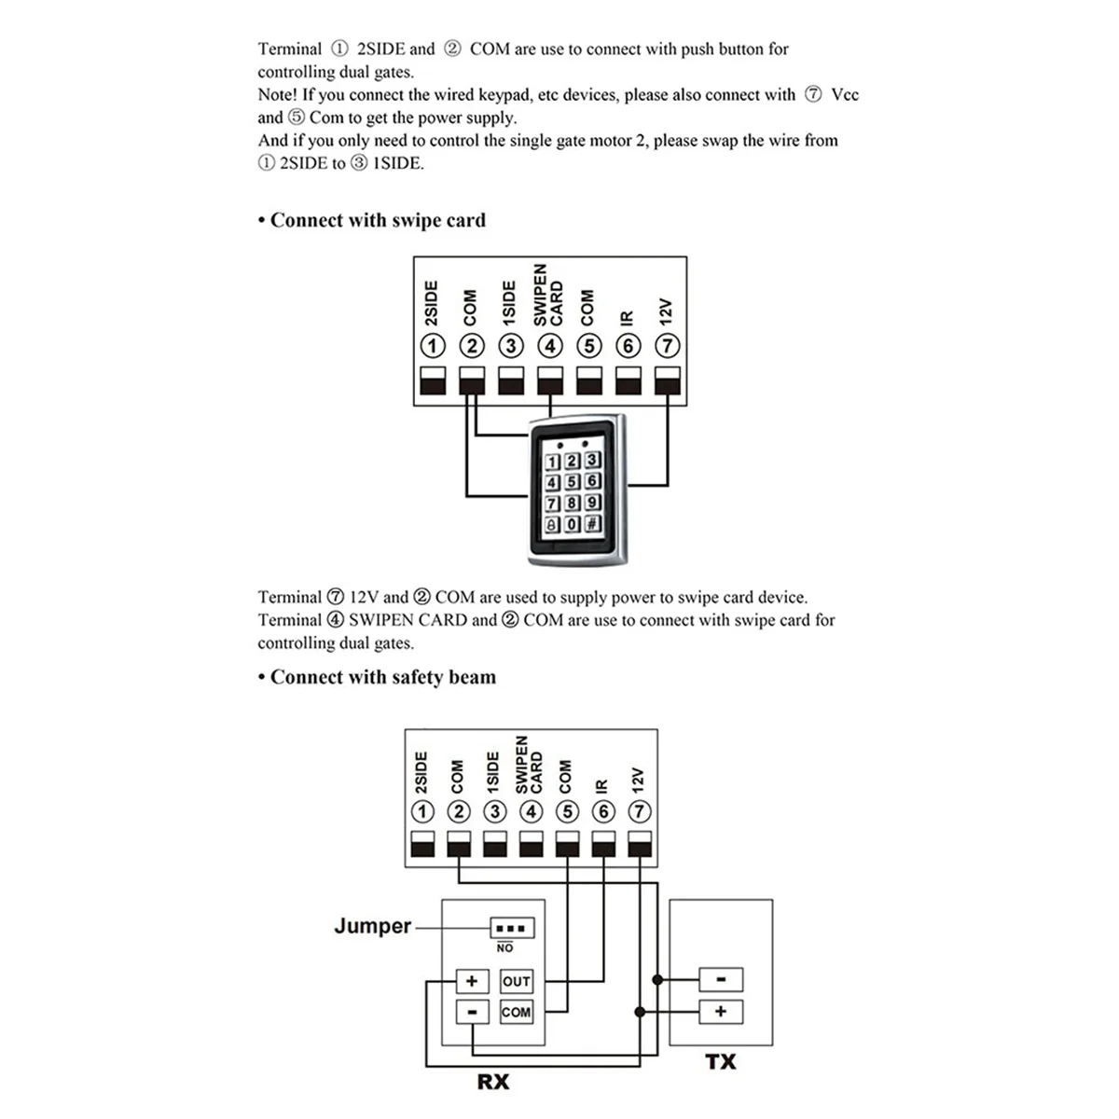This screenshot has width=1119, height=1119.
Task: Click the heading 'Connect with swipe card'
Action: click(x=378, y=221)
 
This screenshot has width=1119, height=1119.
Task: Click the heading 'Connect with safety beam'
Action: click(x=382, y=678)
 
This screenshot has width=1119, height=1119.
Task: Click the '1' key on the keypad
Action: click(x=552, y=462)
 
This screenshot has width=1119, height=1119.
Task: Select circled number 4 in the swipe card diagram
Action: click(x=550, y=346)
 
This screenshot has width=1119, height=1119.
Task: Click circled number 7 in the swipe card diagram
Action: click(x=667, y=346)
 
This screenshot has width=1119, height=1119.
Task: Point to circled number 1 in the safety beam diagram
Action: click(x=422, y=811)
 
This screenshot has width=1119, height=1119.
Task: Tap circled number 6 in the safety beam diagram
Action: click(x=603, y=811)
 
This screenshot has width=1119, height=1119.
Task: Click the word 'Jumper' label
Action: click(x=372, y=926)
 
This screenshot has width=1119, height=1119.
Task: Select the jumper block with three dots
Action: click(x=512, y=928)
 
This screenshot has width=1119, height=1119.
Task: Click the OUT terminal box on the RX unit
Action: click(x=516, y=981)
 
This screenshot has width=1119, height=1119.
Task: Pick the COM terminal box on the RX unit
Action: click(x=516, y=1012)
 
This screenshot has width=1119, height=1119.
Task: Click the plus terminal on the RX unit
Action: click(x=472, y=981)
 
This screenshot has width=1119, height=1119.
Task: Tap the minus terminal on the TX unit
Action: click(x=721, y=980)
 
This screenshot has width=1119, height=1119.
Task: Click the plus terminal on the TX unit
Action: click(x=721, y=1012)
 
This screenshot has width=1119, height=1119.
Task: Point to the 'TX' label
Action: click(x=721, y=1061)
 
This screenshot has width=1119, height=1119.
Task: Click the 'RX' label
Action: click(x=493, y=1082)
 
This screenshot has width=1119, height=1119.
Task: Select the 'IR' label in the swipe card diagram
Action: click(x=627, y=318)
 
